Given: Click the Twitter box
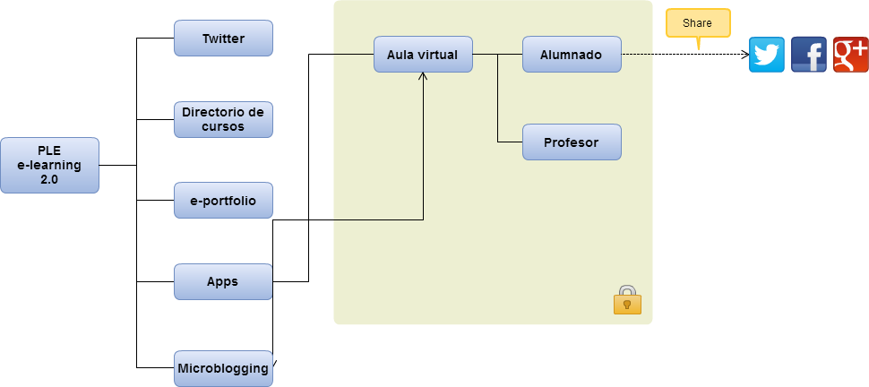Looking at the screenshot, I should click(x=223, y=39).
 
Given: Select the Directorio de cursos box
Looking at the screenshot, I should click(x=223, y=119).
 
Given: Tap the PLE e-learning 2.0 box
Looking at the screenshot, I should click(x=49, y=165).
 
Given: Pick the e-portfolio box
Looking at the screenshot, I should click(x=223, y=201).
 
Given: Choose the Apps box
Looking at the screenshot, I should click(x=223, y=281).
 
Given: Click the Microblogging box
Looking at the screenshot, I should click(x=223, y=368).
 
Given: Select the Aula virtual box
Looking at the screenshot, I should click(x=423, y=55).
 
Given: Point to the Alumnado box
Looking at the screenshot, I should click(x=572, y=55).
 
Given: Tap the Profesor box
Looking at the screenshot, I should click(x=572, y=142).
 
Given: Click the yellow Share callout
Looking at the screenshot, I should click(x=698, y=22).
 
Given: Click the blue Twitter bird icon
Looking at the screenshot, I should click(x=767, y=55).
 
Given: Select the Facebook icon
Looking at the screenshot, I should click(x=809, y=55).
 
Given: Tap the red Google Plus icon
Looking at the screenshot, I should click(x=850, y=55).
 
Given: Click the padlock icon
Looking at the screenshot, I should click(x=627, y=300).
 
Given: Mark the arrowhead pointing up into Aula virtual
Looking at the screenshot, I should click(x=423, y=77).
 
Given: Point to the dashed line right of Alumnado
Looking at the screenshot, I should click(x=637, y=55).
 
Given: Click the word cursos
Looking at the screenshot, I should click(x=223, y=126).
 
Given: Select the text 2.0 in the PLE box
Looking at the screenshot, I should click(x=49, y=179).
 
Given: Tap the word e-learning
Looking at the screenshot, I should click(x=49, y=165).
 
